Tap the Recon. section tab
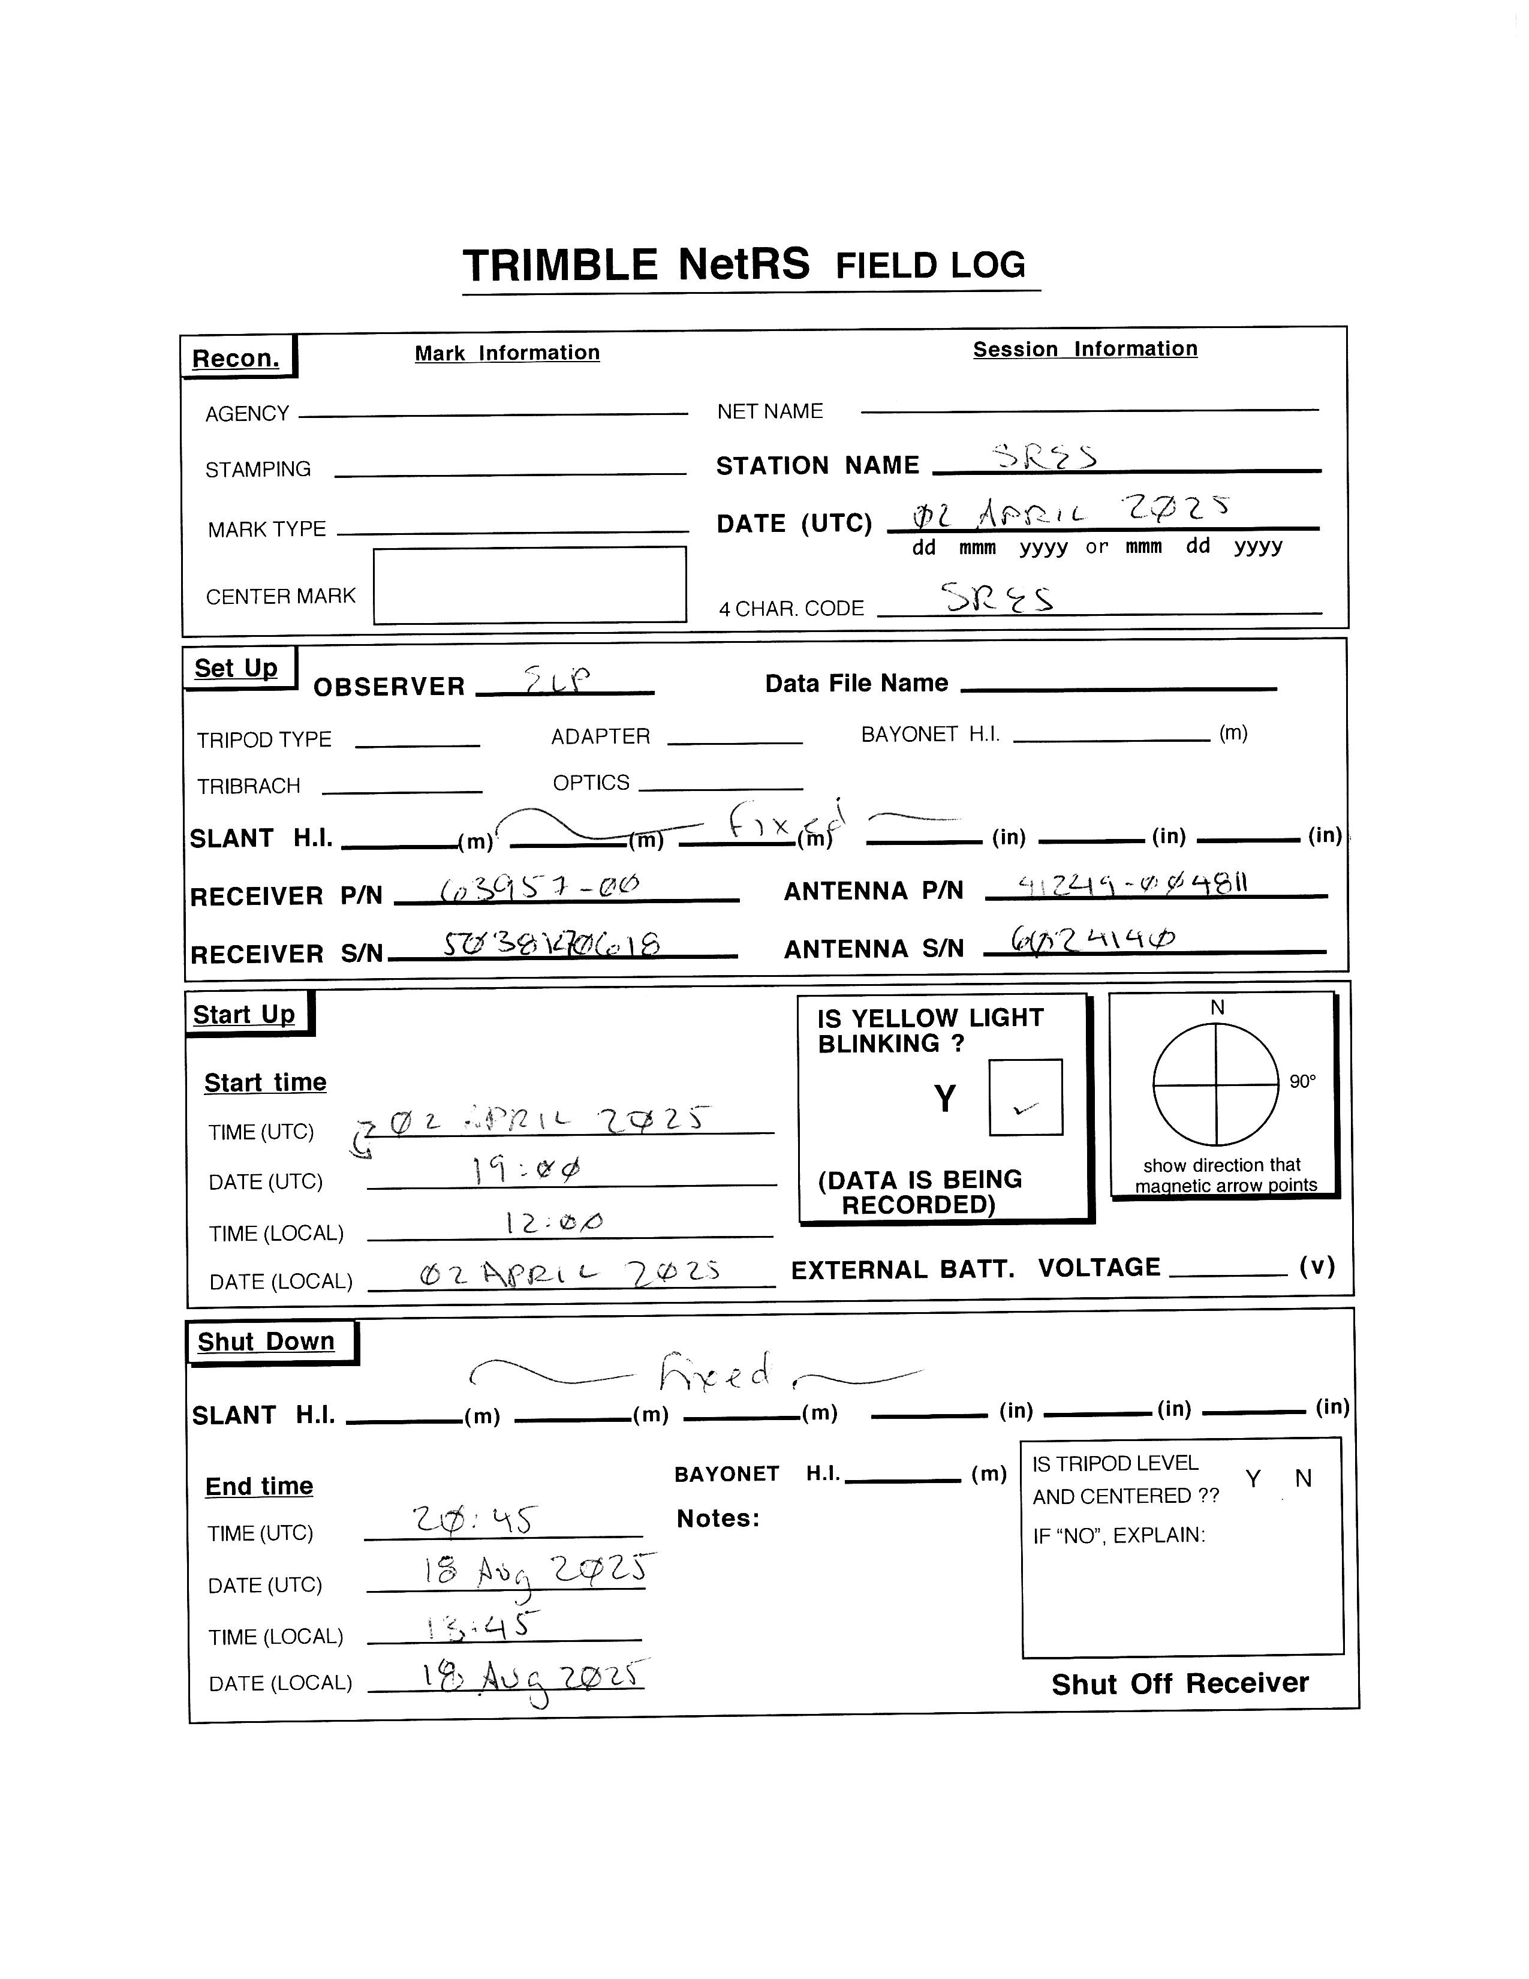236,358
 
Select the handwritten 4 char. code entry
997,598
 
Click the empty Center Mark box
530,585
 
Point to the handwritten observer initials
558,679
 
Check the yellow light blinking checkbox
1025,1097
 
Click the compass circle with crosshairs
1215,1085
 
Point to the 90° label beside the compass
1302,1082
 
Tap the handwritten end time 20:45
475,1520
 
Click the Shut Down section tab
266,1341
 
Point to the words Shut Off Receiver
1179,1683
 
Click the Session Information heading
1085,349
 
